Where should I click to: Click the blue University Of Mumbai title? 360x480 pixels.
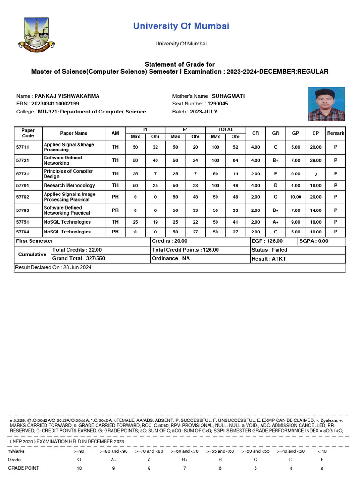pos(181,26)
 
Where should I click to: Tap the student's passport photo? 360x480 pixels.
pos(326,104)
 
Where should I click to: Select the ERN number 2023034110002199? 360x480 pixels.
pos(55,104)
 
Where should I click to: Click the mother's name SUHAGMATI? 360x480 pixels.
pos(228,96)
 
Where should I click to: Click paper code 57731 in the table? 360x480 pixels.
pos(22,174)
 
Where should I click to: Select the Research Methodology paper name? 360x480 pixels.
pos(69,186)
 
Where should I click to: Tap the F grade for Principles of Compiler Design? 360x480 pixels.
pos(276,174)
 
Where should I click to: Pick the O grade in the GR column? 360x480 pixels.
pos(276,197)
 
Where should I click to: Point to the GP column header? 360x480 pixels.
pos(296,133)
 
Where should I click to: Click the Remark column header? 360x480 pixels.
pos(336,133)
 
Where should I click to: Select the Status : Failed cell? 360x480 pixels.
pos(269,250)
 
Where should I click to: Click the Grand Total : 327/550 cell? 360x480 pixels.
pos(79,259)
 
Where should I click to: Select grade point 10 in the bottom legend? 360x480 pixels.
pos(79,468)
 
